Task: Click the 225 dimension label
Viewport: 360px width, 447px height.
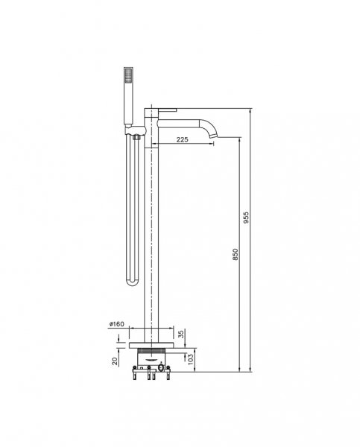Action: click(183, 139)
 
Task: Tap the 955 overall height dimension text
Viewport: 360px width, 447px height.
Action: click(246, 218)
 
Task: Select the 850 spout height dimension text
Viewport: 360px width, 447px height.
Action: click(236, 254)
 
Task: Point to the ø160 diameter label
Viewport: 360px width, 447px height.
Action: click(117, 324)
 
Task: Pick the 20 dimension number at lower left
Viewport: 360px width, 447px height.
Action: click(115, 361)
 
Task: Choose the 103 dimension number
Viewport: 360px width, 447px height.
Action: click(191, 360)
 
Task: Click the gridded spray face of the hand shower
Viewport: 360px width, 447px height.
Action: click(129, 75)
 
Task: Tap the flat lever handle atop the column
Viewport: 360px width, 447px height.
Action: click(167, 110)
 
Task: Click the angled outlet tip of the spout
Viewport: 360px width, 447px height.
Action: click(213, 136)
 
